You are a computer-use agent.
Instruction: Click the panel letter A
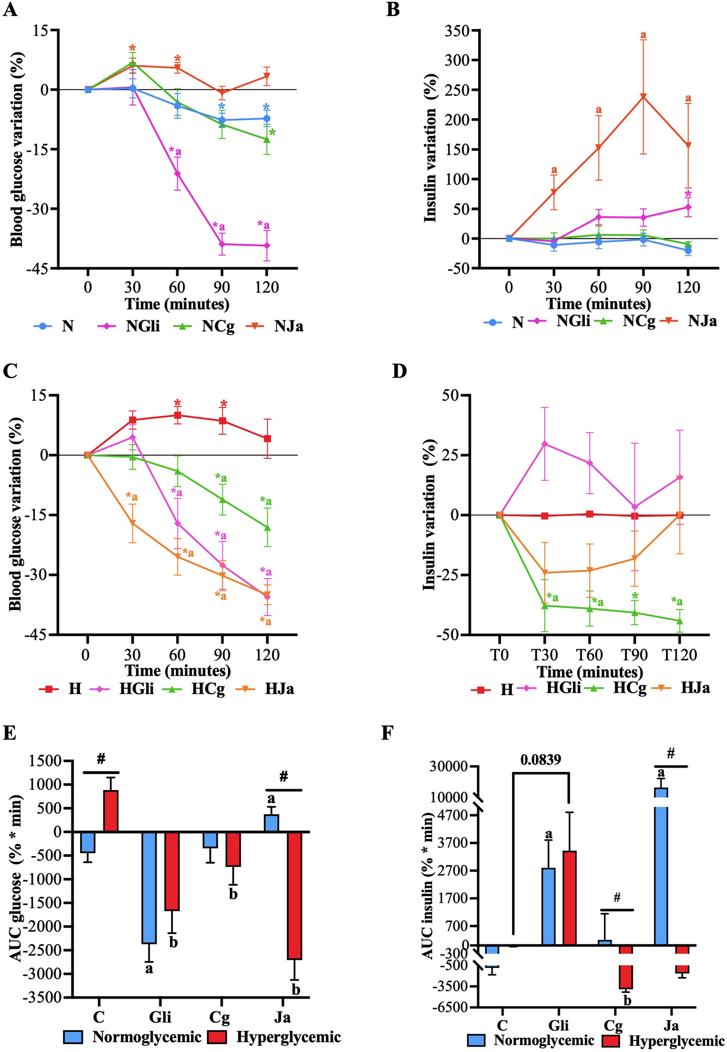tap(10, 10)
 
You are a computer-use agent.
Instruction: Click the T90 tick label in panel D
tap(634, 655)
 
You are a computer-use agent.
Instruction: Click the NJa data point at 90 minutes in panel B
tap(643, 96)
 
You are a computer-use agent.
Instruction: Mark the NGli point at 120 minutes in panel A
tap(267, 246)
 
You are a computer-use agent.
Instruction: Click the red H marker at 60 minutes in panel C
tap(178, 415)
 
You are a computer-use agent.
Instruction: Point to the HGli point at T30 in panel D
tap(545, 444)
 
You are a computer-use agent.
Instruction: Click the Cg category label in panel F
tap(613, 1025)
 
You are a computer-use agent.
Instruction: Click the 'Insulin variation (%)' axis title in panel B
tap(430, 148)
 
